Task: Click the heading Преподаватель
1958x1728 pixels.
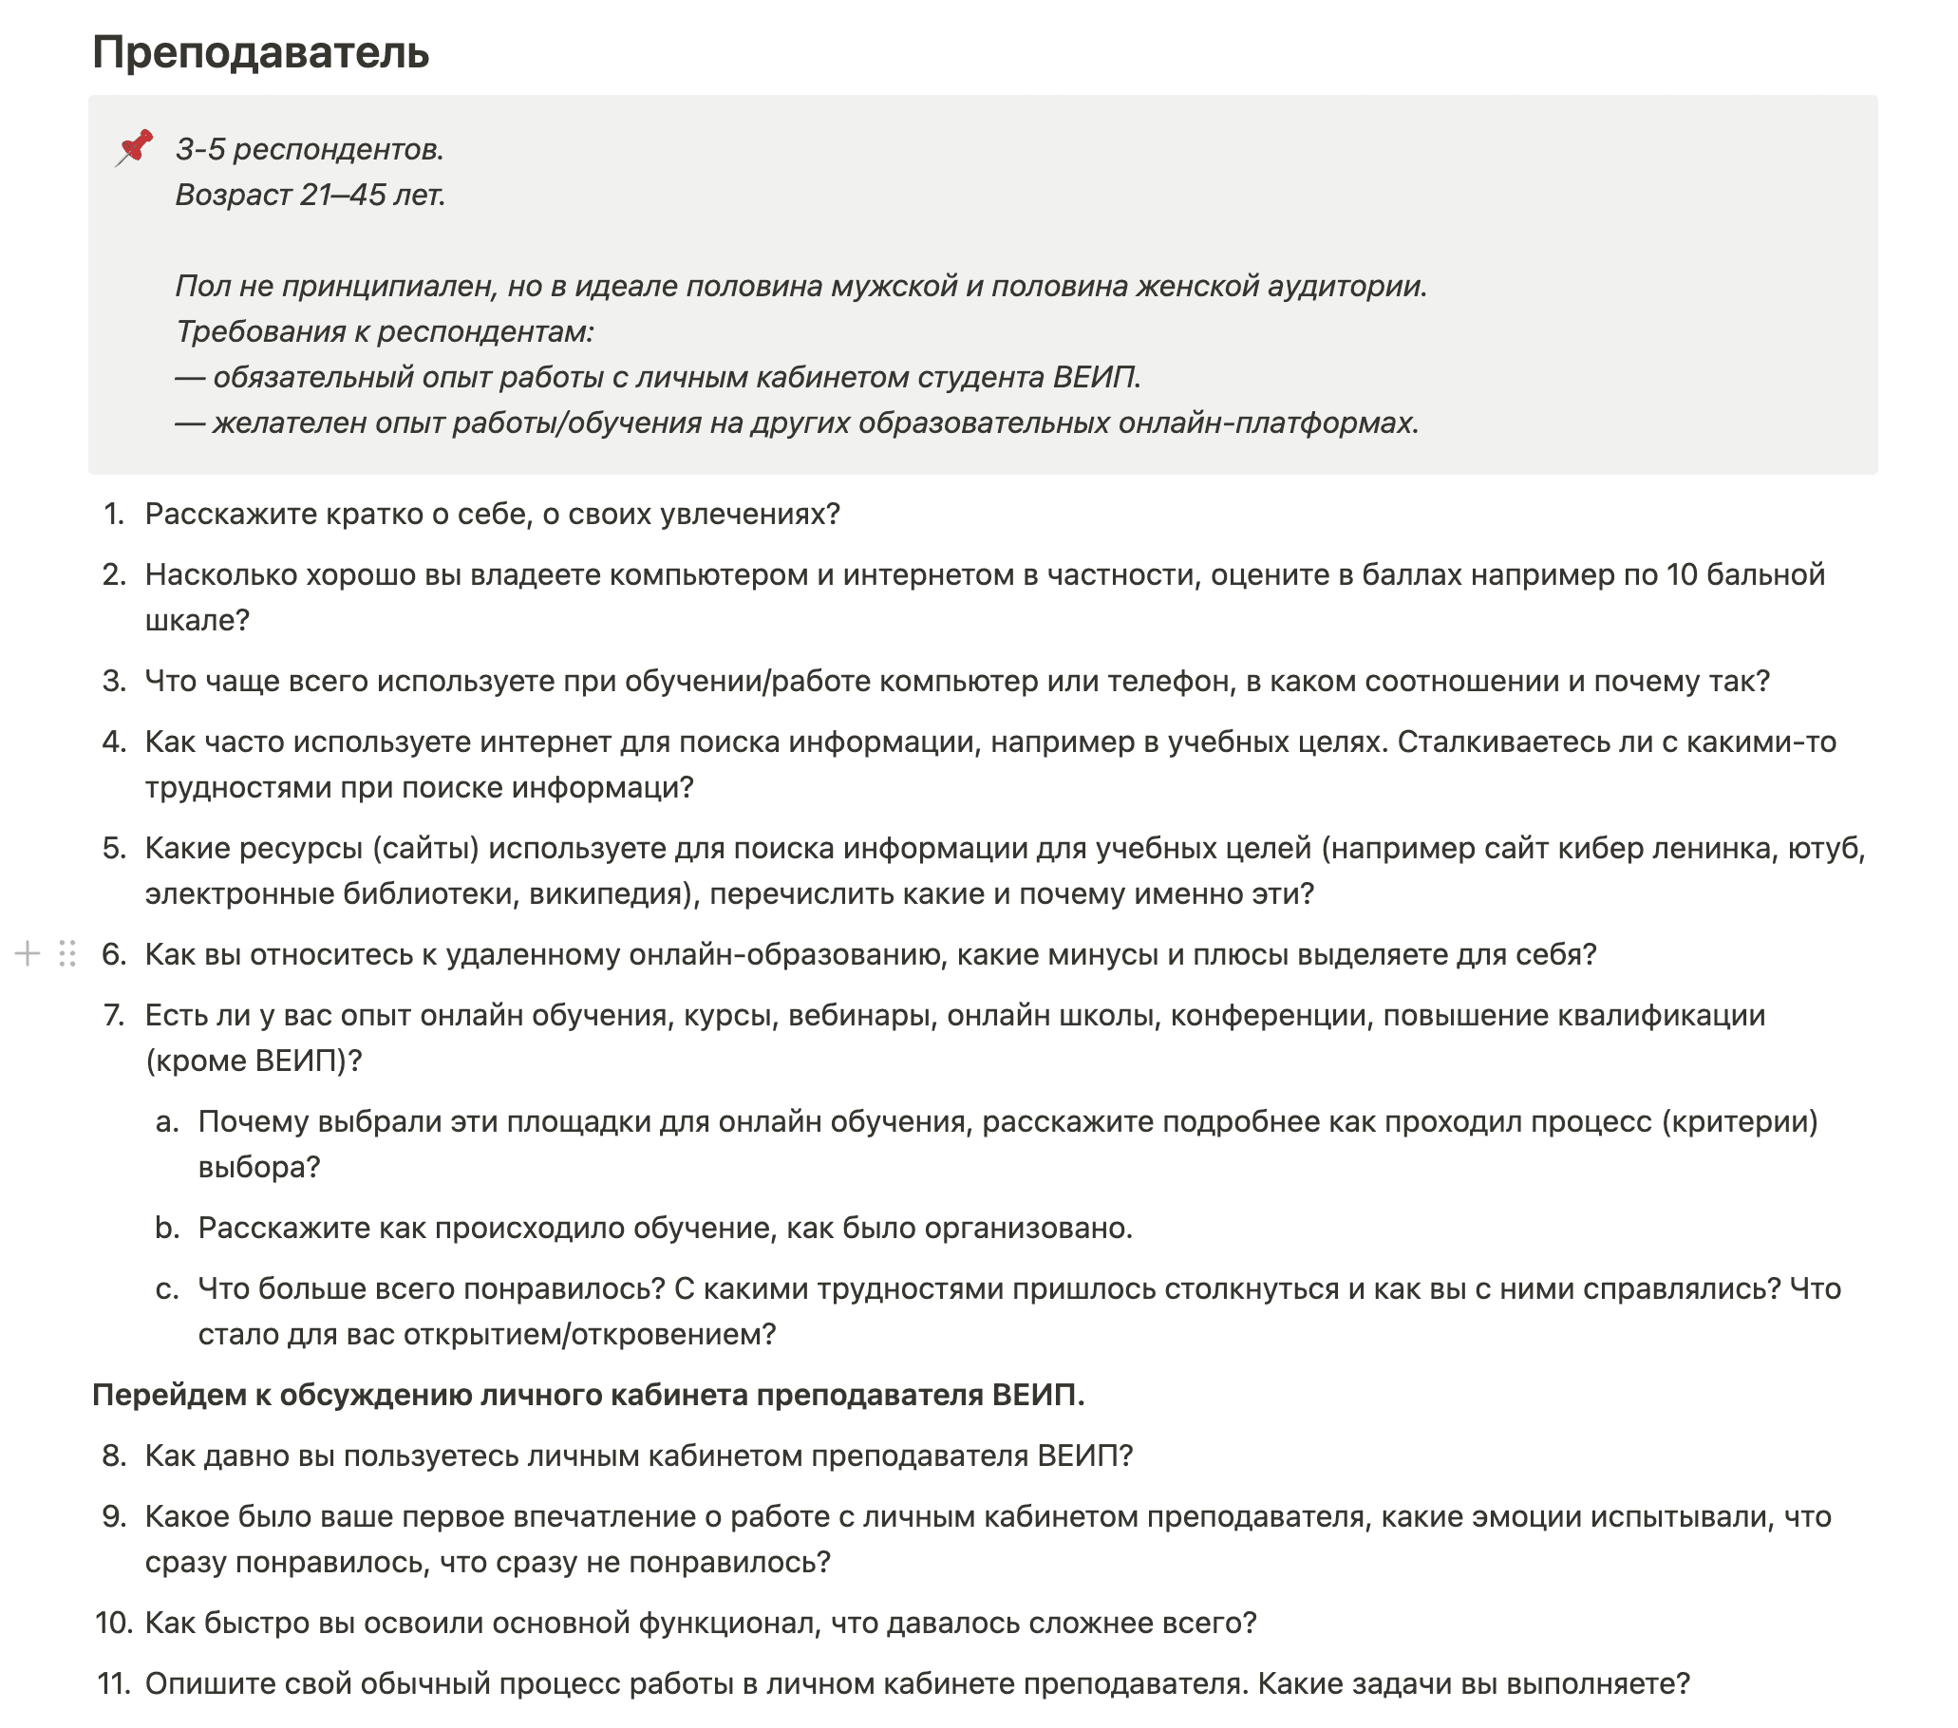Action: (259, 52)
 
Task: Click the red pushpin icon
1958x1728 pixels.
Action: (135, 148)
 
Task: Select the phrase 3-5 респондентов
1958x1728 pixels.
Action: (309, 149)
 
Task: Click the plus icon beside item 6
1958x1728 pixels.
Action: (28, 954)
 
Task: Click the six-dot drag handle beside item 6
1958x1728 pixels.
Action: (67, 954)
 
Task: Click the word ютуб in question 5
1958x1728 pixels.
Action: (1823, 849)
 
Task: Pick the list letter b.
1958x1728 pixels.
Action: (168, 1228)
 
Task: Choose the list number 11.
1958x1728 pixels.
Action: (114, 1684)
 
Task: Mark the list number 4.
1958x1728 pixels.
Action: (114, 742)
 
